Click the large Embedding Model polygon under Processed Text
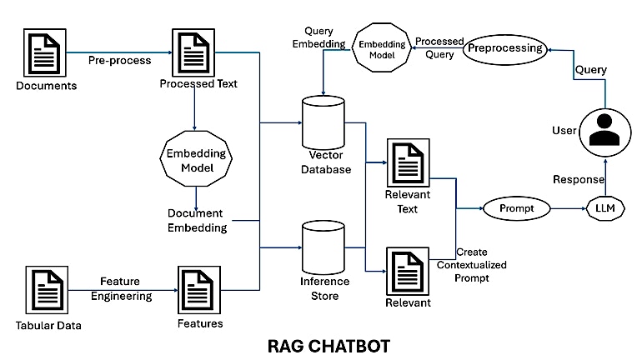pyautogui.click(x=194, y=159)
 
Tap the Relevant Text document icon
pyautogui.click(x=408, y=165)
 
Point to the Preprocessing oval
pyautogui.click(x=504, y=48)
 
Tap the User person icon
pyautogui.click(x=603, y=131)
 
